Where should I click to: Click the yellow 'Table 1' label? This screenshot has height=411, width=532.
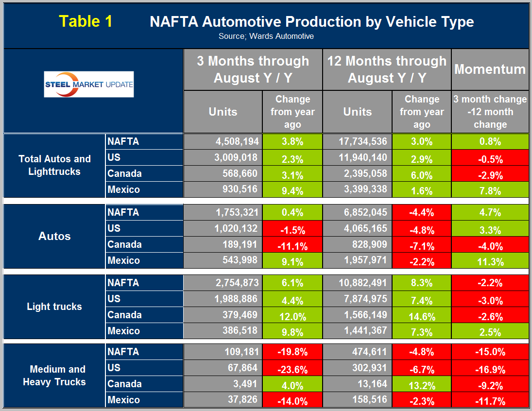click(x=86, y=21)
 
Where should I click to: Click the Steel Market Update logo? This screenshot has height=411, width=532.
click(x=89, y=84)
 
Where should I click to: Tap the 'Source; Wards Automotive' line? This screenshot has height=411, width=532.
click(x=266, y=36)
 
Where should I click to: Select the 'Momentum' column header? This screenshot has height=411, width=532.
click(x=490, y=69)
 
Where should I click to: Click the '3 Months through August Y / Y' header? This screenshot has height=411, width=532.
click(x=253, y=69)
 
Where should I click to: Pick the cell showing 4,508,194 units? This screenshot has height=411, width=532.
click(x=223, y=142)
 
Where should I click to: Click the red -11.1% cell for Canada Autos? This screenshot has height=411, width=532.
click(x=292, y=246)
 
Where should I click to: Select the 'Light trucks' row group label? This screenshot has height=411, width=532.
click(x=54, y=307)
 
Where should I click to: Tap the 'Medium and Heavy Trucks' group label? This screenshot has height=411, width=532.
click(x=54, y=376)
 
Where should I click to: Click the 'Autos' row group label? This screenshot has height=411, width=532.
click(x=54, y=236)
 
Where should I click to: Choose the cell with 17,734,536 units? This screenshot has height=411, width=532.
click(x=357, y=142)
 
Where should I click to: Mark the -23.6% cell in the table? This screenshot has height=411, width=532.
click(x=292, y=369)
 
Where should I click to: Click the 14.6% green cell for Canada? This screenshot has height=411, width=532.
click(x=421, y=316)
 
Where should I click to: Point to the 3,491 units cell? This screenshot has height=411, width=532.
click(x=223, y=384)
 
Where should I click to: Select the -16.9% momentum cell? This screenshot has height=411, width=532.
click(x=490, y=369)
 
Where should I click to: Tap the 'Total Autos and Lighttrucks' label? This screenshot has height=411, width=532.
click(x=54, y=165)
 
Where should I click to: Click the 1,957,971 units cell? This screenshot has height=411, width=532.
click(x=357, y=261)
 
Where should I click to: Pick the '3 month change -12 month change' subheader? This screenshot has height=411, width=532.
click(x=490, y=112)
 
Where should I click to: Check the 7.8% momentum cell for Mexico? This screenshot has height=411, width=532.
click(x=490, y=190)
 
